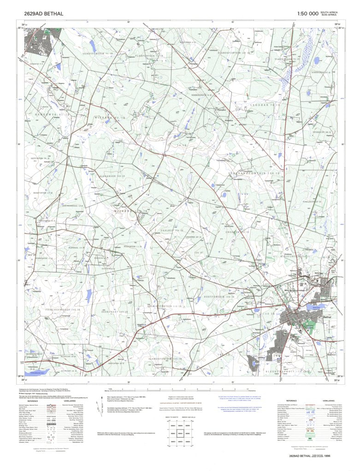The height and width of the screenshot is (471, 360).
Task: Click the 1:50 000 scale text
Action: tap(307, 14)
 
